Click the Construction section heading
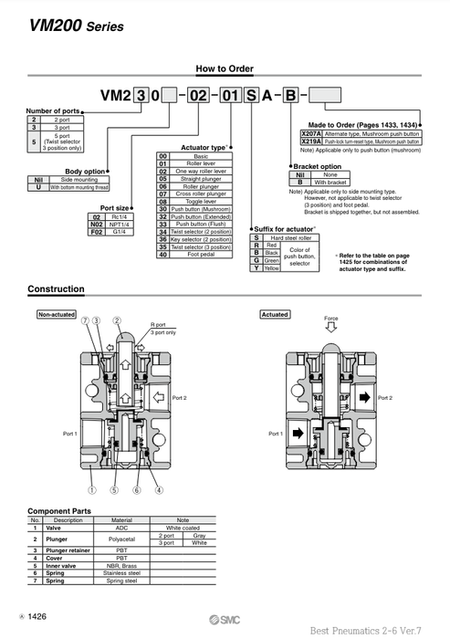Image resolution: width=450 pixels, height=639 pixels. tap(56, 289)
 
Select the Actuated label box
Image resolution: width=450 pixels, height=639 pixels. tap(275, 314)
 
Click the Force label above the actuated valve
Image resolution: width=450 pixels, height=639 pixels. tap(330, 319)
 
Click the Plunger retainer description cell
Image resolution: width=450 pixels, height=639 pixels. tap(68, 550)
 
